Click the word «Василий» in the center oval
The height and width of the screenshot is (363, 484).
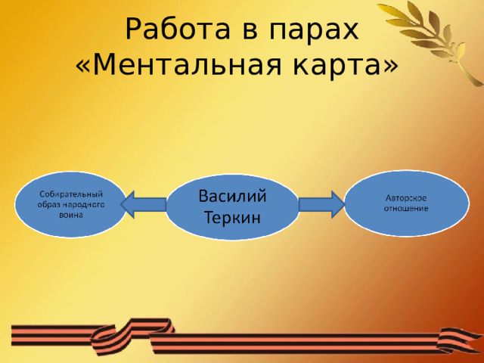[x=232, y=196]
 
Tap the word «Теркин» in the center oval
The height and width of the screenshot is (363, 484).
[x=232, y=218]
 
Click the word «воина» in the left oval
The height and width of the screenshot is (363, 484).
[x=71, y=214]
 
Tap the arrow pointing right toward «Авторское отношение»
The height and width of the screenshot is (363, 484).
[x=321, y=204]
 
